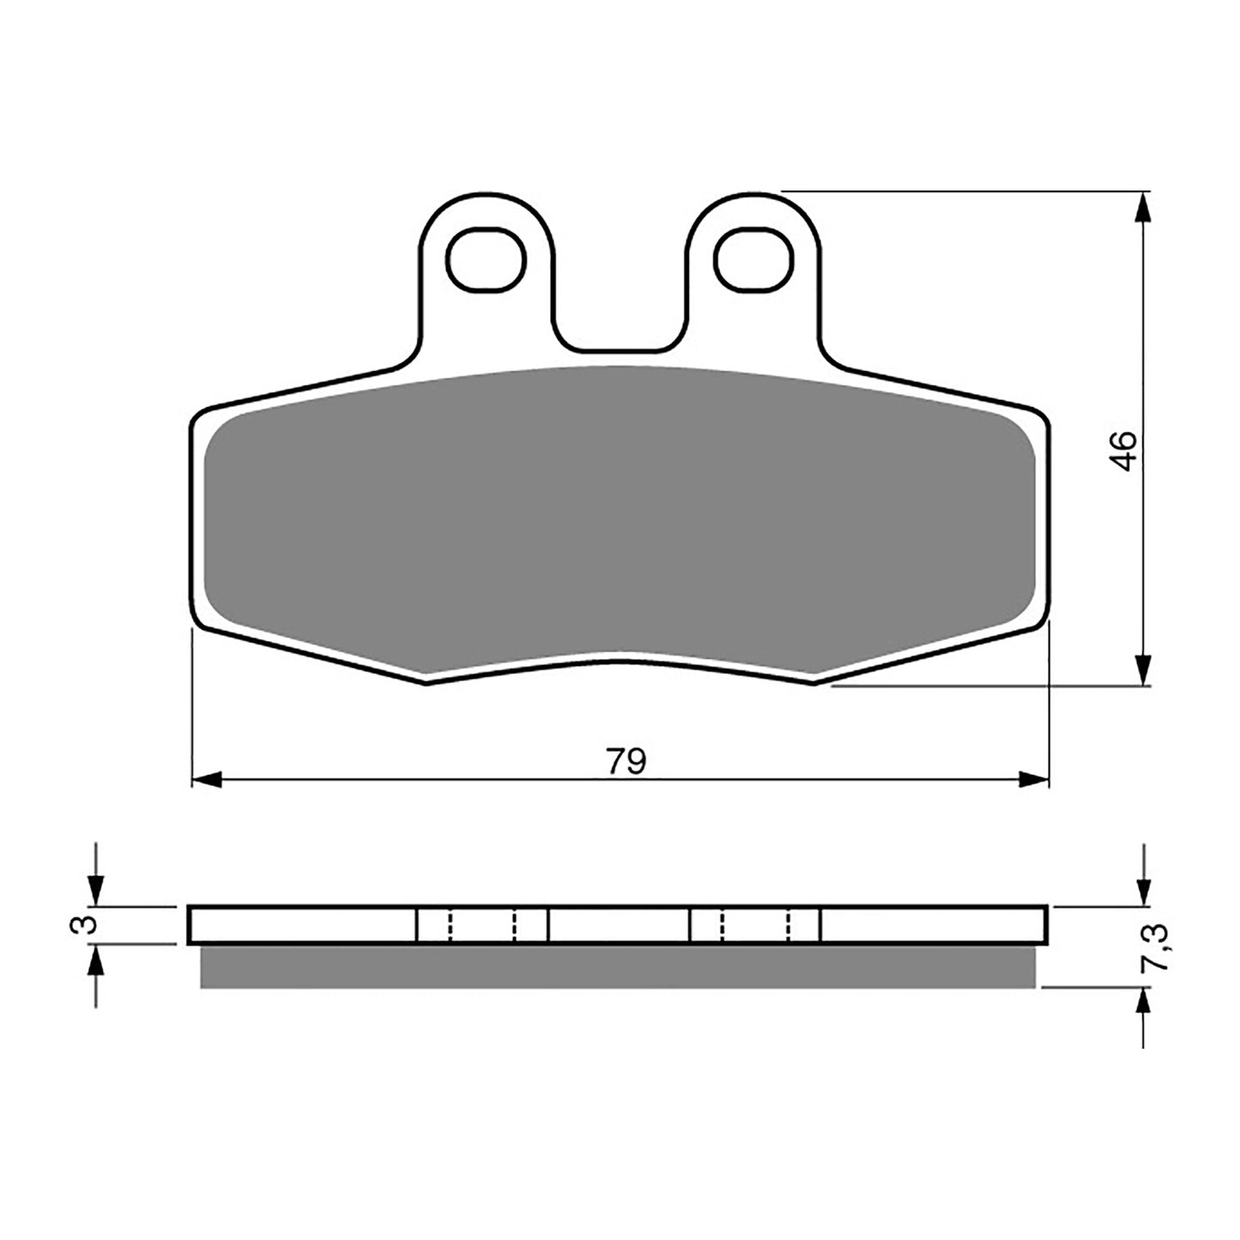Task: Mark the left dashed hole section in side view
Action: click(481, 924)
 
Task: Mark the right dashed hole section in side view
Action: click(755, 924)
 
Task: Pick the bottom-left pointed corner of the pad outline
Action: click(426, 682)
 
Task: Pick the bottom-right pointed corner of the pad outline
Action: click(814, 682)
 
